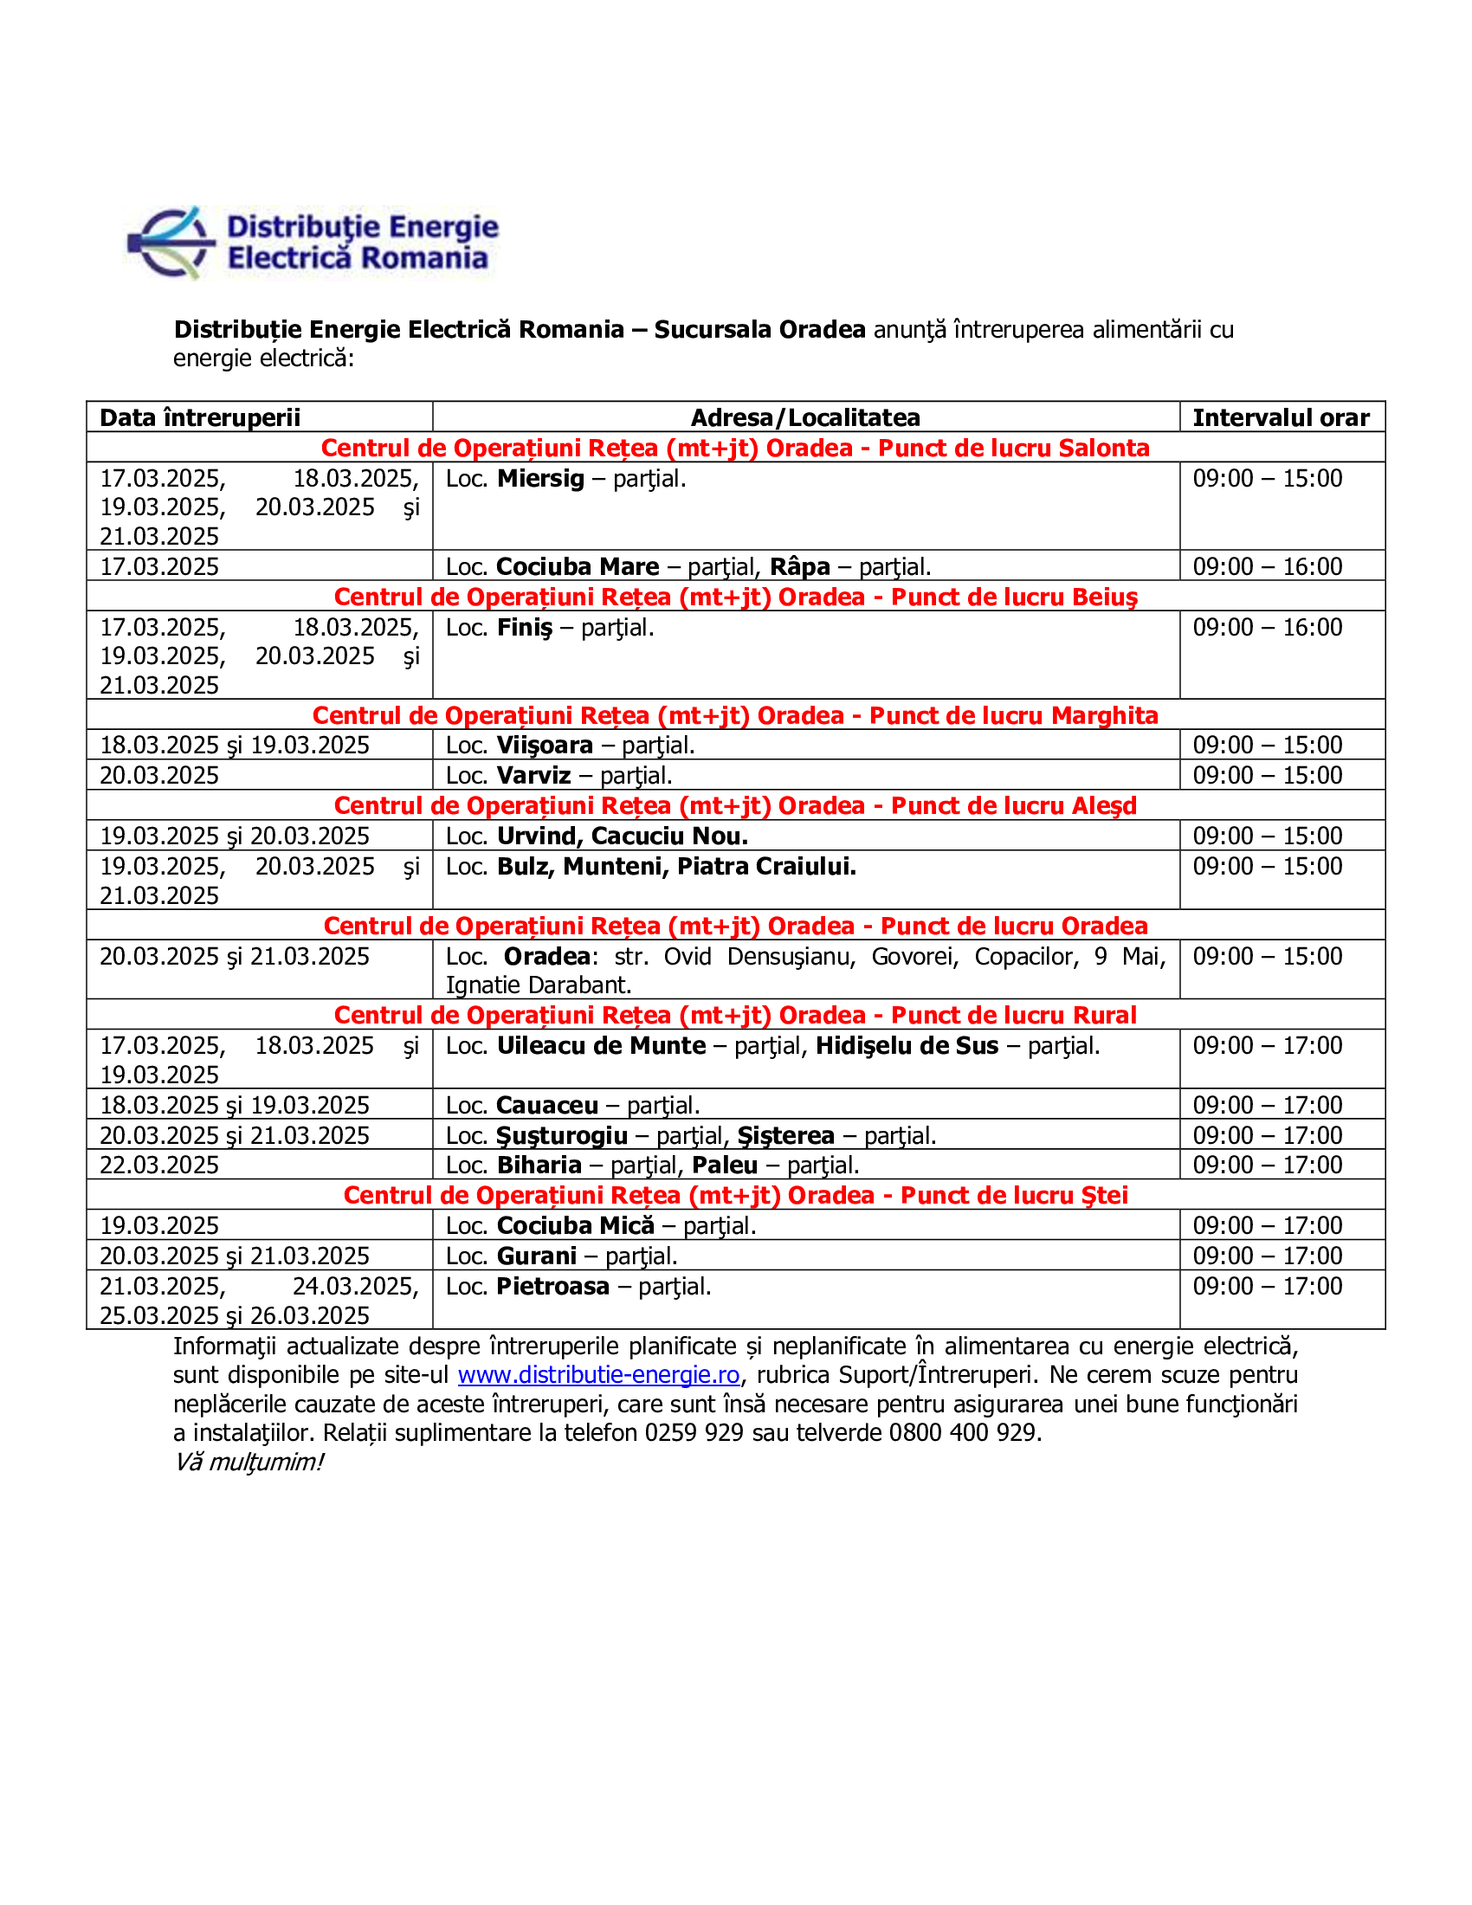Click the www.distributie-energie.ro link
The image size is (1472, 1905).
click(598, 1376)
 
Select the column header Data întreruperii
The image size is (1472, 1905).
click(200, 418)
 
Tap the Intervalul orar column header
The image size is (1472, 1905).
click(1280, 418)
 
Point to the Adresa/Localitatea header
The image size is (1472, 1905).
click(805, 418)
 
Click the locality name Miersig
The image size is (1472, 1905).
click(540, 479)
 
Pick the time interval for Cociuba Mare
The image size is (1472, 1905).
click(1267, 567)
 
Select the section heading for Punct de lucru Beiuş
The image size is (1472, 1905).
click(735, 597)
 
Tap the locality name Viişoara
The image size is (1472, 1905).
click(545, 746)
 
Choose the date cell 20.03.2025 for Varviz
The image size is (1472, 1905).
click(159, 776)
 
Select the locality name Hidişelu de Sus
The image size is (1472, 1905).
click(907, 1046)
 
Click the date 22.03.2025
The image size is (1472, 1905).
click(159, 1166)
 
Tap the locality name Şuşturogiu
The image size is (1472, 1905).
click(563, 1136)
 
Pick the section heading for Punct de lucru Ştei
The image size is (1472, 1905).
click(735, 1196)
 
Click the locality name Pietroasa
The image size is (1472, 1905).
click(553, 1287)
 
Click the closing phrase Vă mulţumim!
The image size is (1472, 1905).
click(249, 1463)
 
